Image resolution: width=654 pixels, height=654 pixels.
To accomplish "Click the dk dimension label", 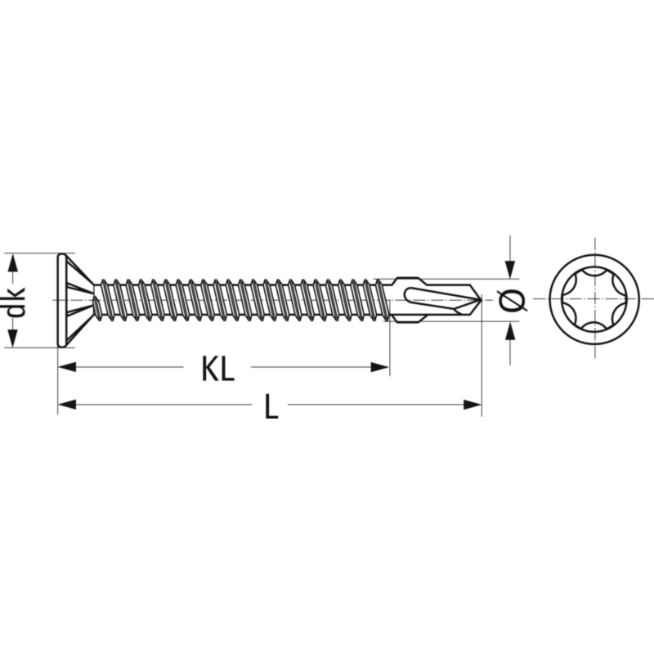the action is [x=16, y=300].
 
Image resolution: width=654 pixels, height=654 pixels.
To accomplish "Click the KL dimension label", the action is [x=217, y=370].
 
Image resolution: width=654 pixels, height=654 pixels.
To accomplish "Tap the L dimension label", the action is [x=271, y=407].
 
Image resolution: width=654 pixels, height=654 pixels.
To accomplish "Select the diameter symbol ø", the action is [x=512, y=300].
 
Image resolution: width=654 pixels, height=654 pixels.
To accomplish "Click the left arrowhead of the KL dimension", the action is [x=67, y=367].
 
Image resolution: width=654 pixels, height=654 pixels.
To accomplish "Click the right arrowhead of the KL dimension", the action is [x=380, y=367].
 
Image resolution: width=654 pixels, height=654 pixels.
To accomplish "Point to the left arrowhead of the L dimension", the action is [x=67, y=404].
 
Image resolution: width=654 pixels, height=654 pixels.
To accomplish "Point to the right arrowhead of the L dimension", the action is [x=473, y=404].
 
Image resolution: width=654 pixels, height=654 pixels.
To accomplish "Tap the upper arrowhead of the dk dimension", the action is [x=13, y=262].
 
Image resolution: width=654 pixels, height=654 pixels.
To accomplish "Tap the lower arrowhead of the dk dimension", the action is [x=13, y=338].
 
